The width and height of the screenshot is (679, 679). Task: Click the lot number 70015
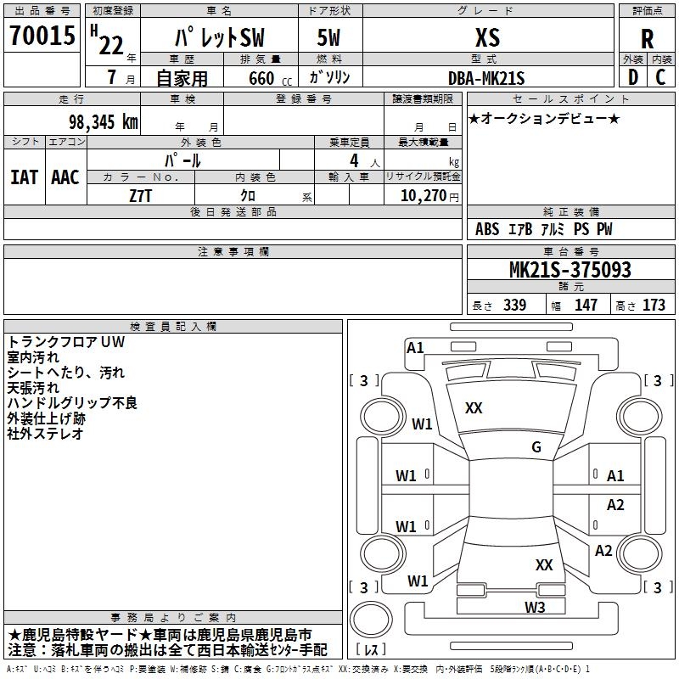42,36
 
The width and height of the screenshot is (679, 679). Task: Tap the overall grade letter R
647,39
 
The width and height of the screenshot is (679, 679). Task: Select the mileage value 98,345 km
103,122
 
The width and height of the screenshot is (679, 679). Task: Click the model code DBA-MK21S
486,78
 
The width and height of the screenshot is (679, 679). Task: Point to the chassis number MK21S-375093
570,270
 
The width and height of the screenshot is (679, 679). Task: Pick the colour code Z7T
140,196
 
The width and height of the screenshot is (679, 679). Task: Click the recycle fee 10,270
424,196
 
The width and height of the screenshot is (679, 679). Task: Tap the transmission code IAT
25,177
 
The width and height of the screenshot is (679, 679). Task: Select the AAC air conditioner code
65,177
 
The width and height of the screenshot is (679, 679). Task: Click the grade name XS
487,37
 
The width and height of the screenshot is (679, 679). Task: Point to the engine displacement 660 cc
270,79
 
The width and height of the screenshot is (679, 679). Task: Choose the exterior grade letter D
633,77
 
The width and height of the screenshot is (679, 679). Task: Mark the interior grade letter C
660,77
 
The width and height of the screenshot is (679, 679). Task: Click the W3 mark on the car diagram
535,607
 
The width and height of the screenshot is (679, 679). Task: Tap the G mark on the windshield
536,447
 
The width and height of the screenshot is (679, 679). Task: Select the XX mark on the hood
474,408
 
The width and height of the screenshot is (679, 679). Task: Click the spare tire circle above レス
371,620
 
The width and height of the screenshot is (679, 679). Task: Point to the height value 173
654,305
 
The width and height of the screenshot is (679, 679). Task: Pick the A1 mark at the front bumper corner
415,348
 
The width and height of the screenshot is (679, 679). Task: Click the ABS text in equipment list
487,229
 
